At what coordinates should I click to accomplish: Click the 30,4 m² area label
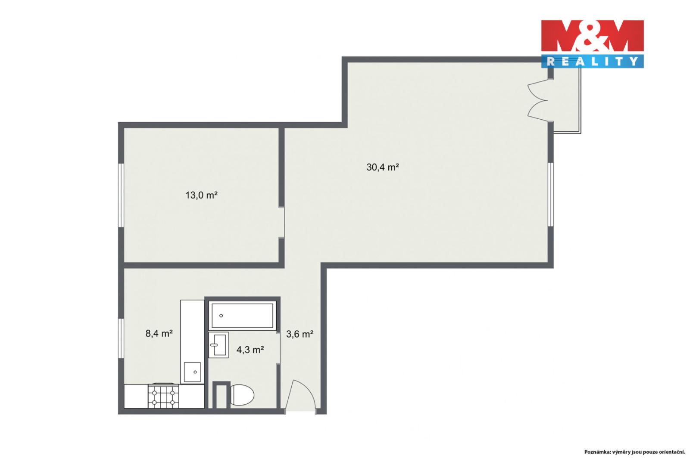383,167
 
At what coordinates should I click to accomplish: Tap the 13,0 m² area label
201,195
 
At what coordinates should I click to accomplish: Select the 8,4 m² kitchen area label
159,334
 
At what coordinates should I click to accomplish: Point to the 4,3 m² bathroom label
250,350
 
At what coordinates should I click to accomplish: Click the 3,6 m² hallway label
300,334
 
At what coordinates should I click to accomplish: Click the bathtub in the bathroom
242,315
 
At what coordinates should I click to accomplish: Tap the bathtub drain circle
221,316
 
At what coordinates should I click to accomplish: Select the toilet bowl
242,395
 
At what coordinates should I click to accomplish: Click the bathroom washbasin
218,344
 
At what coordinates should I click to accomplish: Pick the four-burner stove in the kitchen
163,395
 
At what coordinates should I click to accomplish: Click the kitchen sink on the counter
192,372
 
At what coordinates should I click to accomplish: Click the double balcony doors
538,100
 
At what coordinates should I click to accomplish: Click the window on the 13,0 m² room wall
121,195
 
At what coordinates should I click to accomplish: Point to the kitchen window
121,338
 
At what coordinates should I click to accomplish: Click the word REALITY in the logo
592,62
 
